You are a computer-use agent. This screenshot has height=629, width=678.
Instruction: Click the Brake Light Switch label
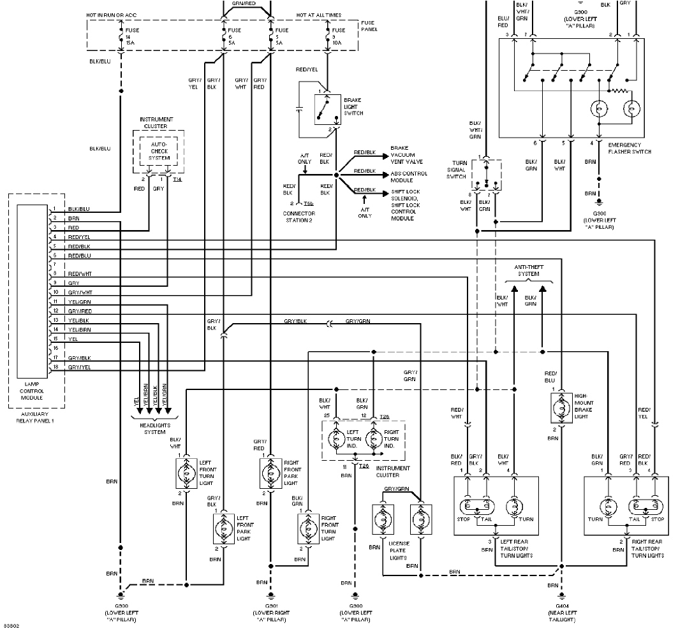(x=353, y=106)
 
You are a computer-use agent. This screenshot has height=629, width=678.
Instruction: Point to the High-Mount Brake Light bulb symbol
(x=562, y=408)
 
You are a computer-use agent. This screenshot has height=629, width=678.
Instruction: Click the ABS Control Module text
(x=408, y=177)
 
